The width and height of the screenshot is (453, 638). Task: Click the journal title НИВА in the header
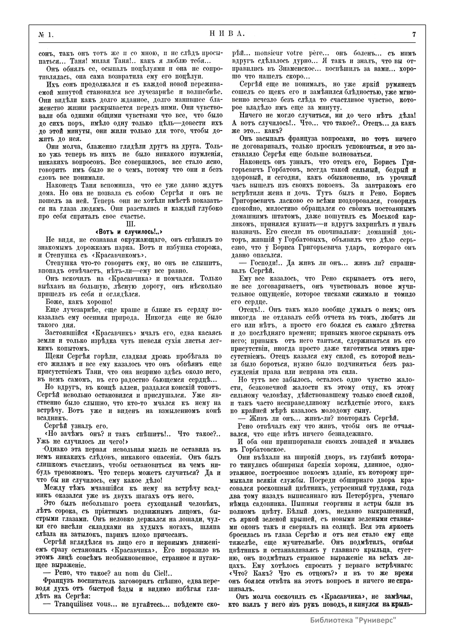(226, 34)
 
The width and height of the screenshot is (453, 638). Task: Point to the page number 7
(414, 35)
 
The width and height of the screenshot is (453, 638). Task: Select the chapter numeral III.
(129, 224)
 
